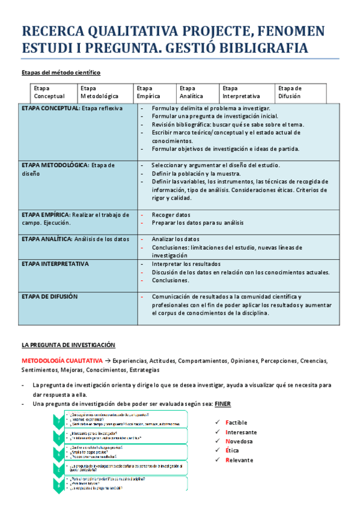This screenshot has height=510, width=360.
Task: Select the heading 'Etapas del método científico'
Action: point(61,73)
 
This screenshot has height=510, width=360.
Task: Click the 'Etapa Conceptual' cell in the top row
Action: point(49,92)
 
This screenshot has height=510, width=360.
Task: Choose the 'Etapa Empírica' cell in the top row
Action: point(148,92)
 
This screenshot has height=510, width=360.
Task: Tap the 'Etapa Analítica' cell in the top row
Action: point(191,92)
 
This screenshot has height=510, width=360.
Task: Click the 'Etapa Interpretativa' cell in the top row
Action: point(241,92)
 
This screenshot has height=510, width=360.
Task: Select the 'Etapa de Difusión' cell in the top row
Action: point(290,92)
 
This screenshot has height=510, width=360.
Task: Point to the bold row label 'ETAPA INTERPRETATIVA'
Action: point(55,264)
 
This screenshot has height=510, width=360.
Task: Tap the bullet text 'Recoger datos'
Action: point(171,215)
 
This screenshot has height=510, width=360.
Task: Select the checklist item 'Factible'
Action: point(236,423)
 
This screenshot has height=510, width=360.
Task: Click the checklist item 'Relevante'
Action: point(239,460)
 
